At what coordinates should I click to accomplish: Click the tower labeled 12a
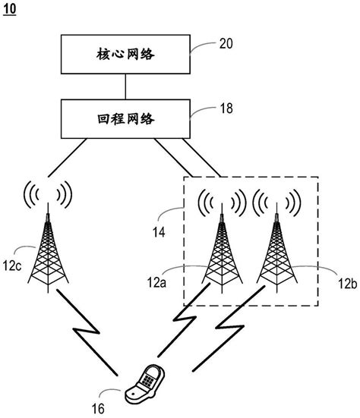pos(222,258)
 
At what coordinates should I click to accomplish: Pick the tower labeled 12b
pos(275,258)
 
